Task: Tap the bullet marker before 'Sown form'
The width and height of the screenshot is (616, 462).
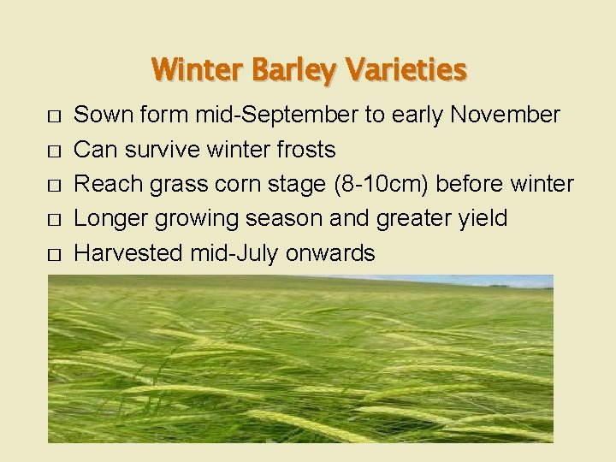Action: coord(55,116)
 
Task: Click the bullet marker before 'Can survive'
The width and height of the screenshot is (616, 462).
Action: coord(55,151)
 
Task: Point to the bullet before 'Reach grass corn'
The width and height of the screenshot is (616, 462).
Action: coord(55,186)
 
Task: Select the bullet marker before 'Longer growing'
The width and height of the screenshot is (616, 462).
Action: coord(55,220)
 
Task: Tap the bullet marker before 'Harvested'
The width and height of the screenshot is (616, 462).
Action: coord(55,255)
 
